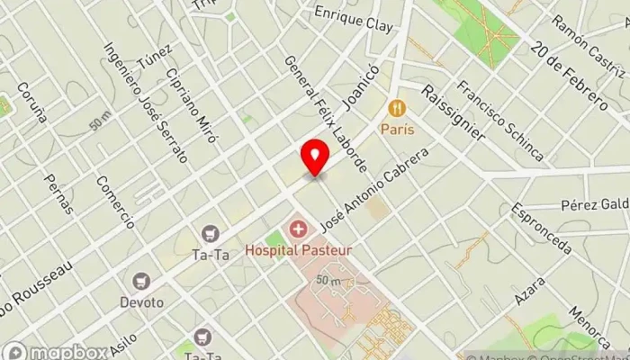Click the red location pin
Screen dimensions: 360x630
coord(314,157)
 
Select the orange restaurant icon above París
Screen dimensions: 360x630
coord(396,110)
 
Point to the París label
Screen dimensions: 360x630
coord(396,129)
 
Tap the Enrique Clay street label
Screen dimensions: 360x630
coord(354,20)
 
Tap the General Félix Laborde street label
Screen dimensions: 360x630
coord(326,114)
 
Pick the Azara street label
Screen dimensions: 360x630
coord(531,288)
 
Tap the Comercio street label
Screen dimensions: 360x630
coord(118,202)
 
